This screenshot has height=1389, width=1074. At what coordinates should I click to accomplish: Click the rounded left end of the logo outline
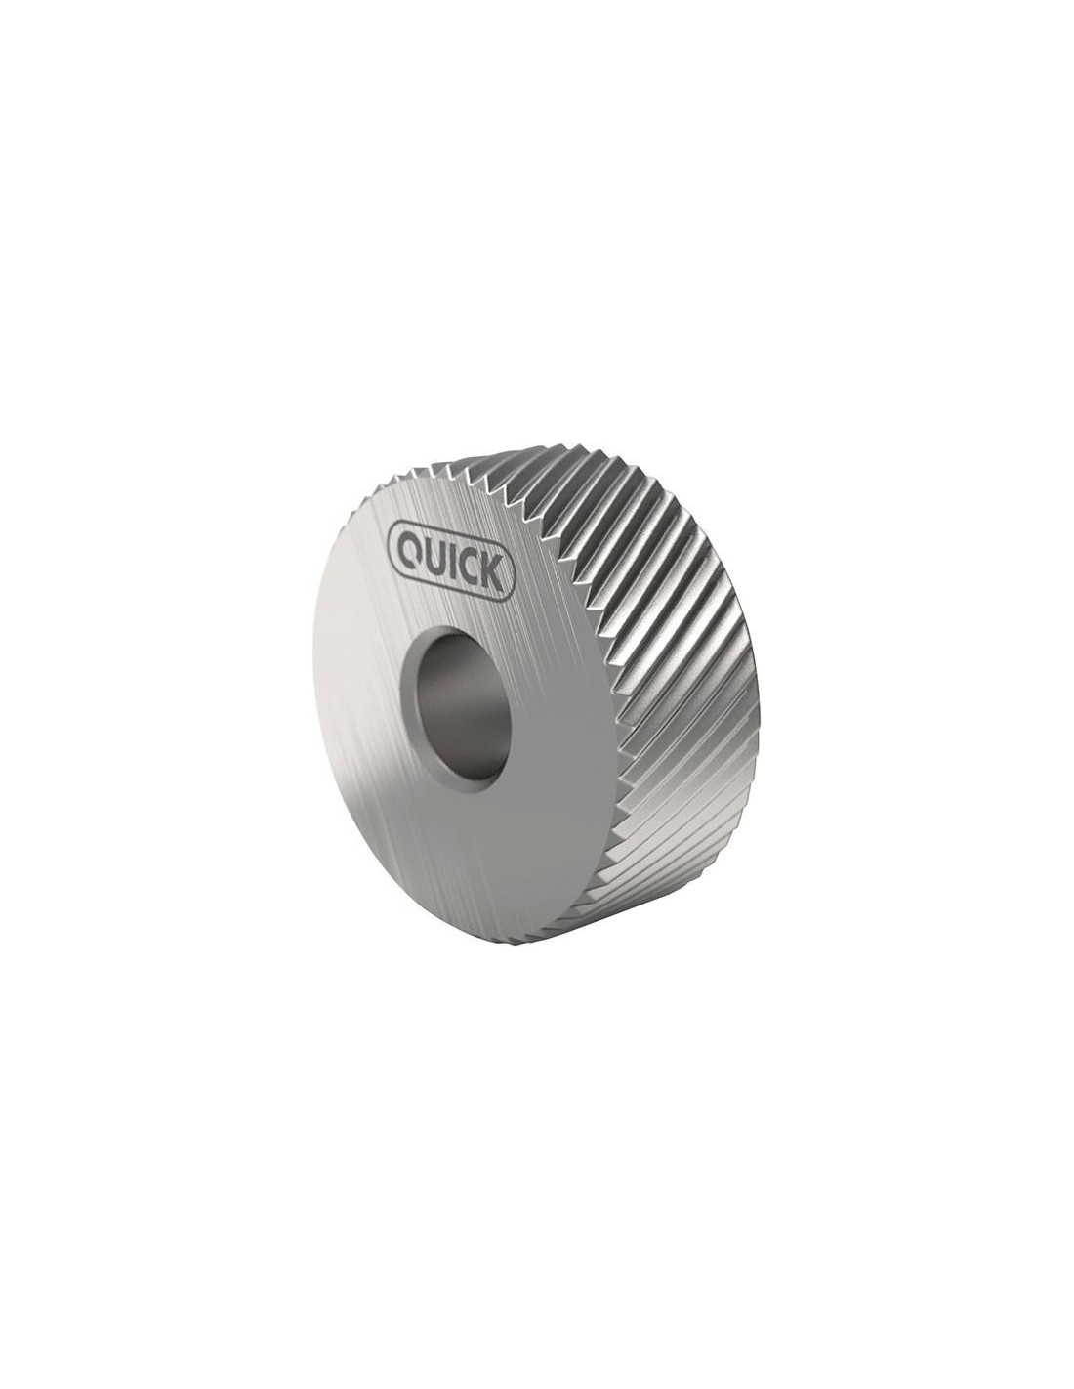click(x=392, y=539)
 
